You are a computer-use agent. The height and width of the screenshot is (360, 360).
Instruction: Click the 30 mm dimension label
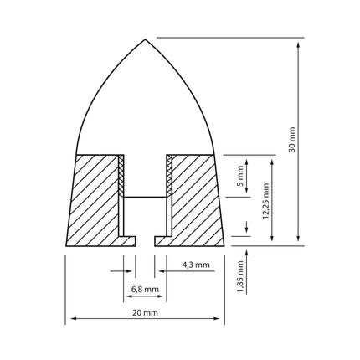point(292,139)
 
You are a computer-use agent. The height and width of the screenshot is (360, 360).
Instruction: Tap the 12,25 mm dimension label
point(265,201)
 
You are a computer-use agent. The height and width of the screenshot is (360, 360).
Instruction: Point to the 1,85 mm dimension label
point(240,276)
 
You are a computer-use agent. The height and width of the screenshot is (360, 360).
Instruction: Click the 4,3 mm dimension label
point(196,265)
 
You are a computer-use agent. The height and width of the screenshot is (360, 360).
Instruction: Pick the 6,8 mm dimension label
point(145,289)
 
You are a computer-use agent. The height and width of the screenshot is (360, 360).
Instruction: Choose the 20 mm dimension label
point(145,312)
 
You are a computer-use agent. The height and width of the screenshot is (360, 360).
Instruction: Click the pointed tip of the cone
point(145,39)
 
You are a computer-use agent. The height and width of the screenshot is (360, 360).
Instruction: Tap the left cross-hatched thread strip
point(121,175)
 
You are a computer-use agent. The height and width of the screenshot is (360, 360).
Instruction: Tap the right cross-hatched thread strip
point(169,175)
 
